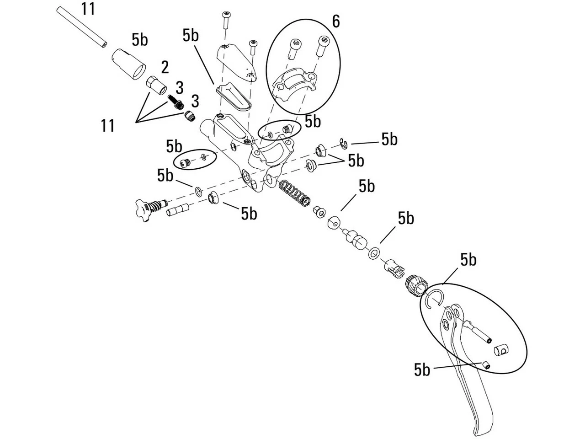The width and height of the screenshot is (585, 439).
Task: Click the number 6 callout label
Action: click(336, 21)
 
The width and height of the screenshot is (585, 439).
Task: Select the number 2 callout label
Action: click(165, 67)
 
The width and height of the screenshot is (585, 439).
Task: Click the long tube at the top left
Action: click(81, 26)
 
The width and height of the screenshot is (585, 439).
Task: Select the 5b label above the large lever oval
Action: click(468, 260)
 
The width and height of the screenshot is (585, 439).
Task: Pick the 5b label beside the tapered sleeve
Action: click(140, 40)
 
